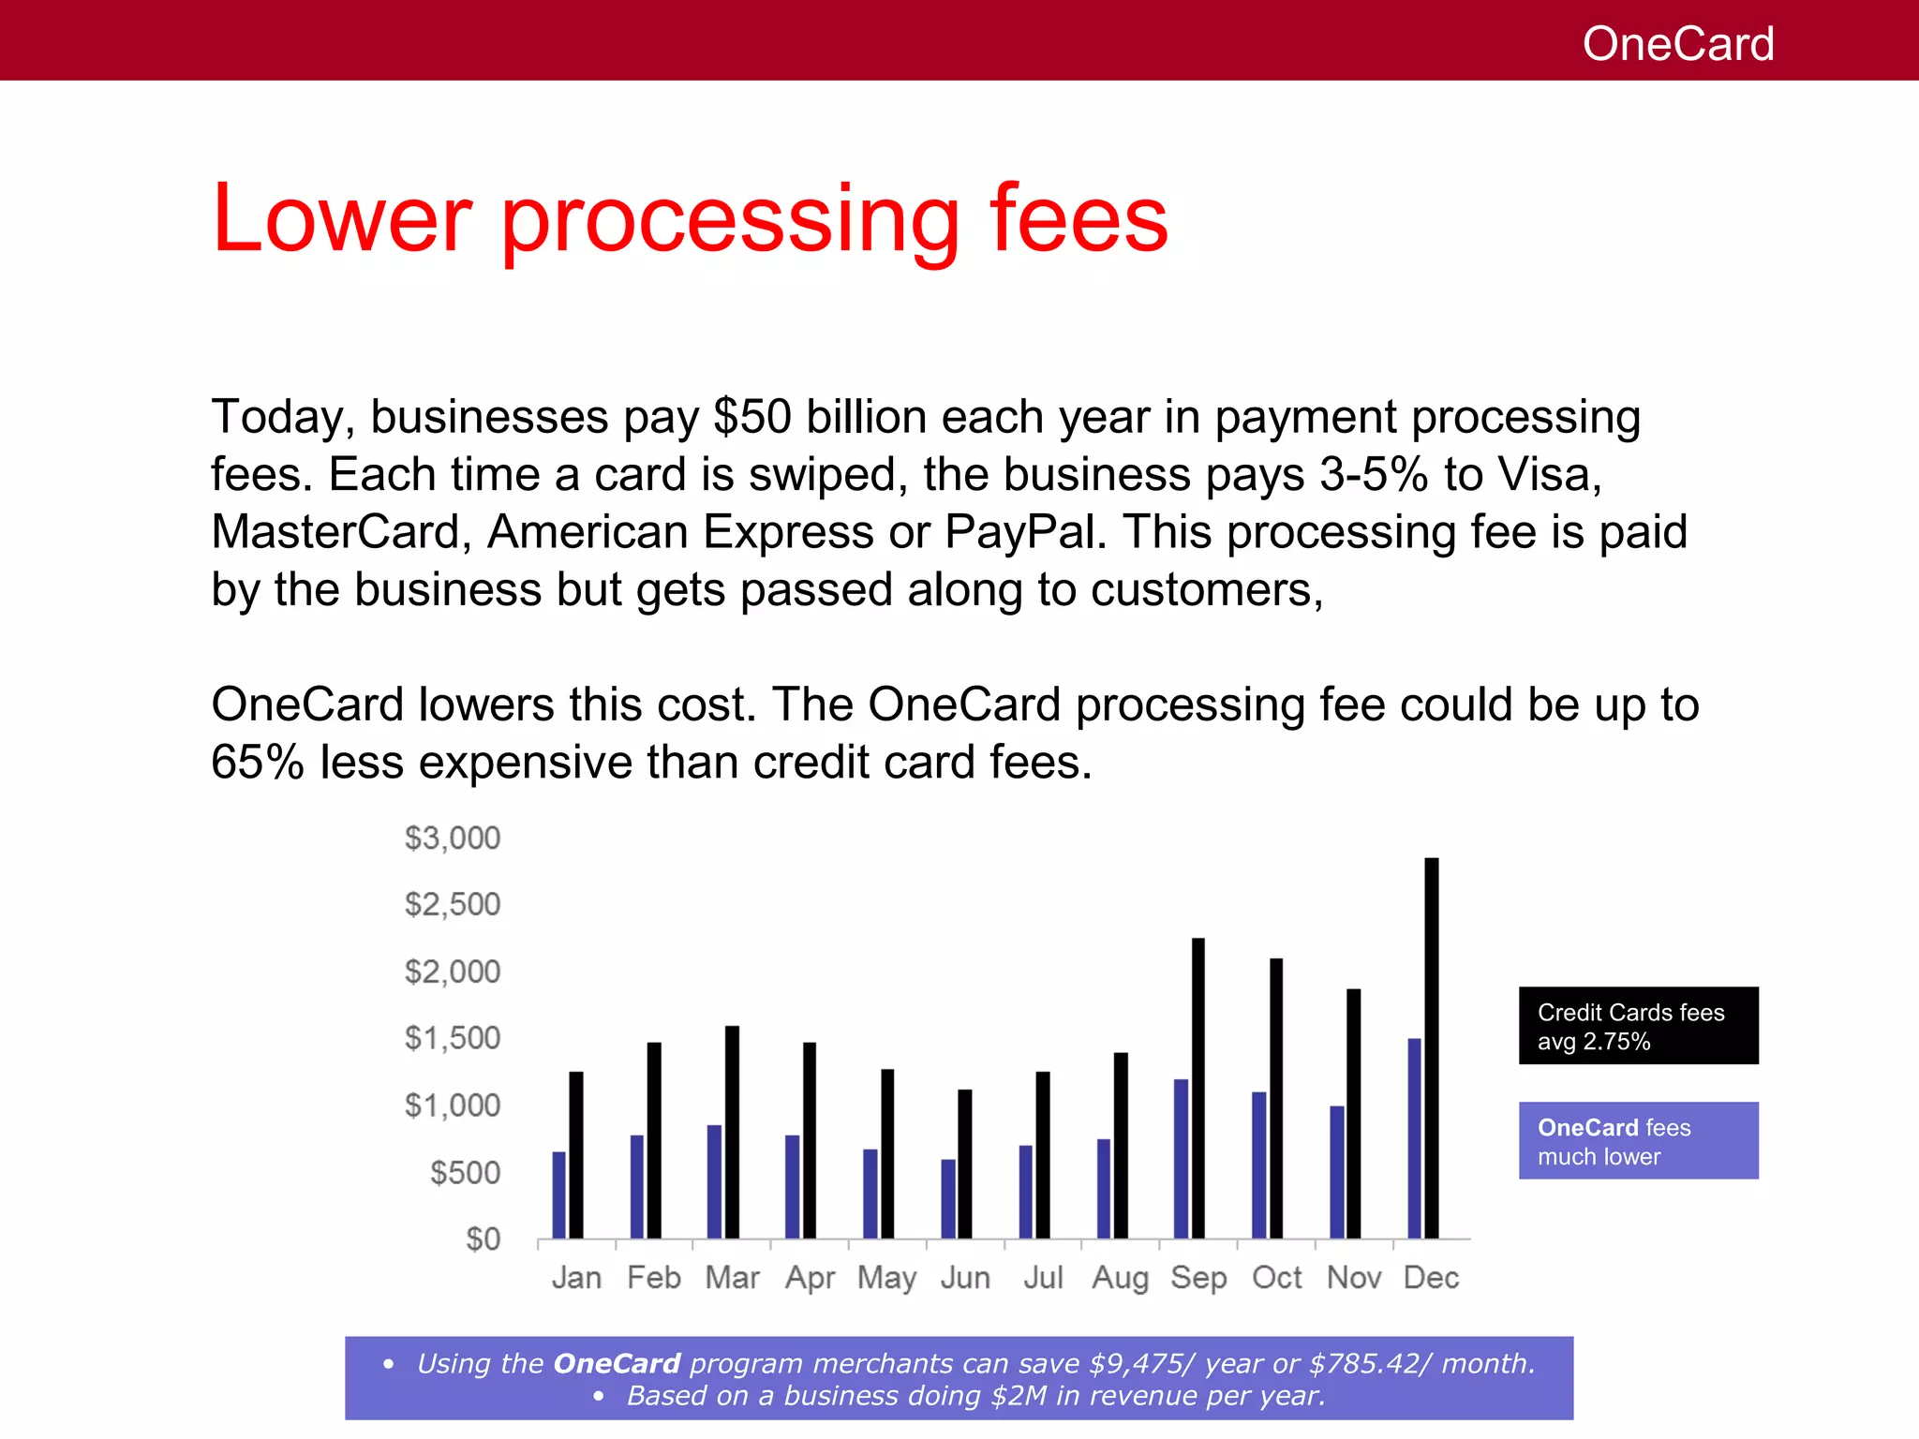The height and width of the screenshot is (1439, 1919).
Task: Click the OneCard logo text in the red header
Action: pyautogui.click(x=1677, y=44)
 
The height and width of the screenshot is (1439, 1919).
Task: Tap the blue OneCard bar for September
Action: pyautogui.click(x=1181, y=1159)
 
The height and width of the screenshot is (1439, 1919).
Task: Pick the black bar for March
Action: pyautogui.click(x=732, y=1132)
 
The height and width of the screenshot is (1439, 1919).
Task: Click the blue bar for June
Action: pyautogui.click(x=948, y=1199)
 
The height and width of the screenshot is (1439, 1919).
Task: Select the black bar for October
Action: pyautogui.click(x=1275, y=1098)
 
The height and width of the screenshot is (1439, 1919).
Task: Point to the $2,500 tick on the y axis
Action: pyautogui.click(x=453, y=904)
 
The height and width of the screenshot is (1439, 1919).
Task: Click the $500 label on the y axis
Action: pyautogui.click(x=465, y=1173)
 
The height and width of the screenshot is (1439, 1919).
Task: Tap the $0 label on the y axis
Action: pyautogui.click(x=483, y=1239)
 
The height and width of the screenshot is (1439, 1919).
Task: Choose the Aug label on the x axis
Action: pyautogui.click(x=1120, y=1278)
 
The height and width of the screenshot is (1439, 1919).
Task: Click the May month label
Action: pyautogui.click(x=886, y=1278)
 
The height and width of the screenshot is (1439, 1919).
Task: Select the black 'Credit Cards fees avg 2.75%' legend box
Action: pyautogui.click(x=1638, y=1026)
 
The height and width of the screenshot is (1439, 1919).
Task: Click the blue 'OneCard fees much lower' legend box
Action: pyautogui.click(x=1638, y=1141)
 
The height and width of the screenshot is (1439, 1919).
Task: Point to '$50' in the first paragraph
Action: pyautogui.click(x=752, y=417)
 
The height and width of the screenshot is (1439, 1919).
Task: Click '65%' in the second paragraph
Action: pyautogui.click(x=258, y=762)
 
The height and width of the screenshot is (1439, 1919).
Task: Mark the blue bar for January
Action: pyautogui.click(x=558, y=1194)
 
